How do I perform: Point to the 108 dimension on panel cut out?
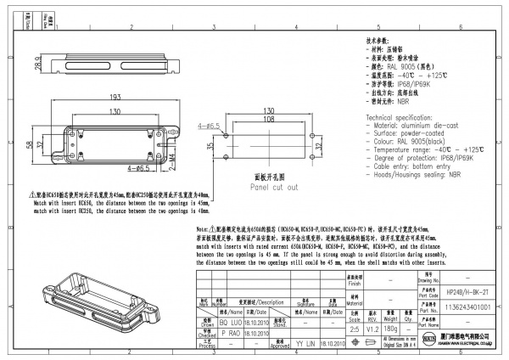pyautogui.click(x=267, y=121)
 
